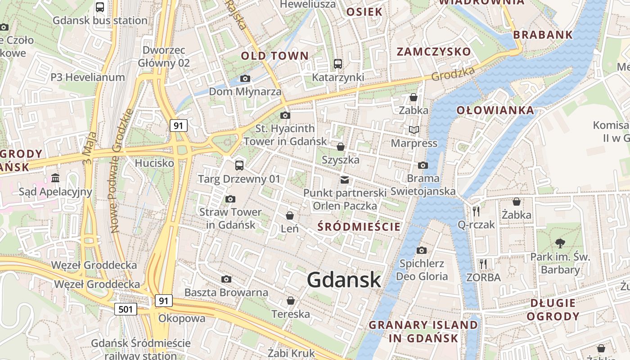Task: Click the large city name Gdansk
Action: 344,280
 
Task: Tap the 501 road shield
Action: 126,309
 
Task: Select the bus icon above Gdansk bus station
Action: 100,7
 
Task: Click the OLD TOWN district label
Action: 275,56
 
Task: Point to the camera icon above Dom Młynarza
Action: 245,79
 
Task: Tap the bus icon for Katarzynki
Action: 338,64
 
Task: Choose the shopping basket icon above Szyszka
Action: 341,147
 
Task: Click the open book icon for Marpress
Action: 414,130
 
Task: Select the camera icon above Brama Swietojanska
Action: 423,166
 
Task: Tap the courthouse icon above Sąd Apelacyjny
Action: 55,178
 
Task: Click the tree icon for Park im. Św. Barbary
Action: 560,243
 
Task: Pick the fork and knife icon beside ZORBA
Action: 483,264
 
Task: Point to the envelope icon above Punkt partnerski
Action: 345,180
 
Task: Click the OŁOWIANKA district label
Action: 495,111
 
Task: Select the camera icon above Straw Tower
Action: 230,199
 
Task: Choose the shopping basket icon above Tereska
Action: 291,301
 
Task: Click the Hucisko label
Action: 154,163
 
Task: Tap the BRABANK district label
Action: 543,35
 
